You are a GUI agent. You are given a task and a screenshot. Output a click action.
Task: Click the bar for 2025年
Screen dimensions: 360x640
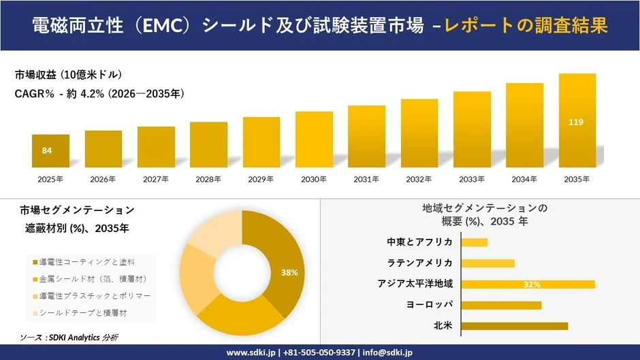click(x=50, y=151)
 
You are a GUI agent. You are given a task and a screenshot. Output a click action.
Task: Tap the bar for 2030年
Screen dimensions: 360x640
click(x=314, y=140)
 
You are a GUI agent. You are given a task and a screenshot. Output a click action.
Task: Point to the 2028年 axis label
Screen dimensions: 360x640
click(x=208, y=180)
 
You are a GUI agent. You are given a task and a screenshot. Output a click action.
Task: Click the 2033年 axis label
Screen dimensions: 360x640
click(x=472, y=180)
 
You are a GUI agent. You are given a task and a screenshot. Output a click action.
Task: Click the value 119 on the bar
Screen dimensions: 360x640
click(x=577, y=122)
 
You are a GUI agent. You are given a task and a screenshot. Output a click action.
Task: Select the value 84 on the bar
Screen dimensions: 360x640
click(x=47, y=150)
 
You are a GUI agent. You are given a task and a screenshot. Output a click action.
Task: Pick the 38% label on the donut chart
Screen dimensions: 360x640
click(x=289, y=272)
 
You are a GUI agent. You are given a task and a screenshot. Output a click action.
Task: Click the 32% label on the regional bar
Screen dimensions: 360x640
click(x=532, y=284)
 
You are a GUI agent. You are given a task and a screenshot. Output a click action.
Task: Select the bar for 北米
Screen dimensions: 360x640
click(x=515, y=326)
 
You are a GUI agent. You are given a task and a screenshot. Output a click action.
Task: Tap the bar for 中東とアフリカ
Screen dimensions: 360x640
click(x=475, y=242)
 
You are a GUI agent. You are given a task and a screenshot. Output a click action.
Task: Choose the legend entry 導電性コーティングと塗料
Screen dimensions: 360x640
click(x=86, y=262)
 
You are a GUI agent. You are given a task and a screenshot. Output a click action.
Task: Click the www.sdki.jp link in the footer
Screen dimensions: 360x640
click(x=251, y=353)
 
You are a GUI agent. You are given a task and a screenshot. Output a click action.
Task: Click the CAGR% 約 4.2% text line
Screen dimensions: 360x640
click(x=99, y=94)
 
